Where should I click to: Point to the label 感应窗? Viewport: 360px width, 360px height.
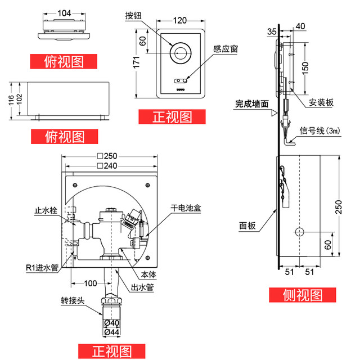click(226, 49)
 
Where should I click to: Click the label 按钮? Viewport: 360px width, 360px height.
click(133, 16)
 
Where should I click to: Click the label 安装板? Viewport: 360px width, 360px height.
click(321, 103)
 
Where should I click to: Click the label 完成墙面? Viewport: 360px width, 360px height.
click(252, 104)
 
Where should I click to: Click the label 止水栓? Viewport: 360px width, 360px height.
click(46, 211)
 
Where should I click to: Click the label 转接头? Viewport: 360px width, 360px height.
click(73, 301)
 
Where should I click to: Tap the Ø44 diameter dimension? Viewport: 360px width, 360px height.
click(112, 332)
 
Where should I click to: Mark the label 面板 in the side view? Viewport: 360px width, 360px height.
click(247, 226)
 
